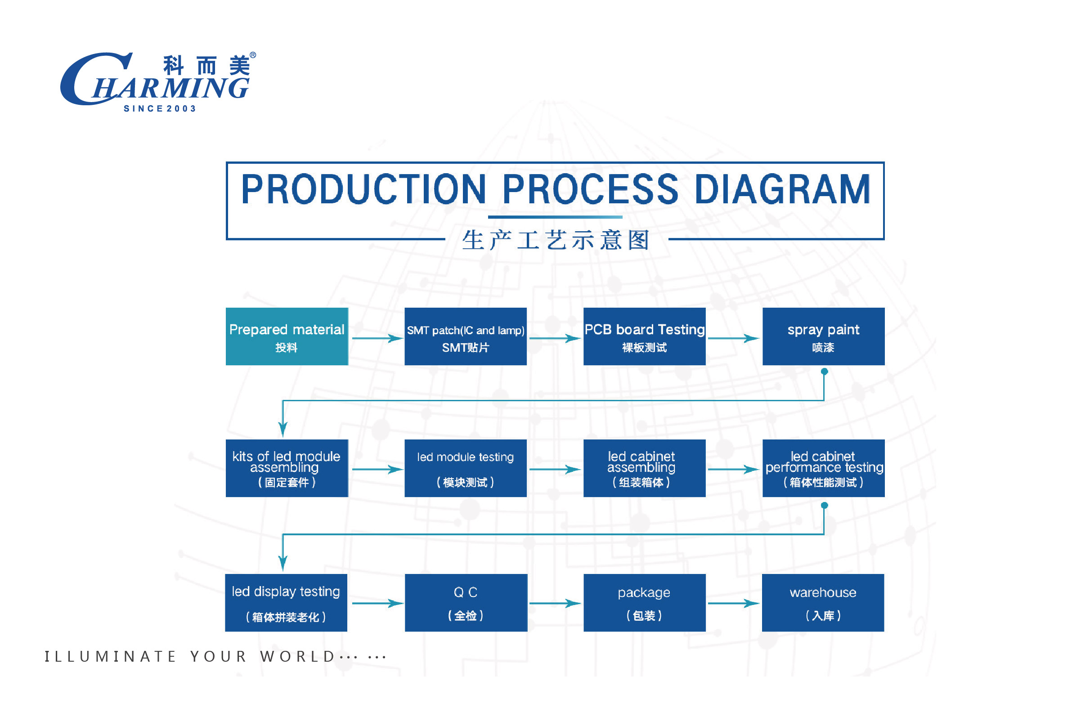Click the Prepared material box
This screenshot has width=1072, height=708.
[287, 336]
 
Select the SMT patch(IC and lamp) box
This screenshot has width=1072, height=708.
[466, 336]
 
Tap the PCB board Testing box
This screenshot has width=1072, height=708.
[644, 336]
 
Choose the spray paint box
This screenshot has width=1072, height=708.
[823, 336]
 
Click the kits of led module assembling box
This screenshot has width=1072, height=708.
[287, 468]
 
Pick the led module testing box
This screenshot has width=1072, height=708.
[466, 468]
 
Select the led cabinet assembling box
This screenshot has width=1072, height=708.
[644, 468]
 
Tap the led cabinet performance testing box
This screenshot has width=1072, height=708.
[823, 468]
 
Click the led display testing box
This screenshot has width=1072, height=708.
[286, 603]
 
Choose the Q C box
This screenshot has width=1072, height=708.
[466, 603]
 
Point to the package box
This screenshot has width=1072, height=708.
[644, 603]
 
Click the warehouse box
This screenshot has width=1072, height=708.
[823, 603]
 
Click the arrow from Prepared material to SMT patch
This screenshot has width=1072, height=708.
[377, 338]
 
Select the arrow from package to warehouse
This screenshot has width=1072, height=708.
[733, 603]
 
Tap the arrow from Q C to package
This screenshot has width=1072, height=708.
[555, 603]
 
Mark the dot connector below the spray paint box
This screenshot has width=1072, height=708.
[824, 372]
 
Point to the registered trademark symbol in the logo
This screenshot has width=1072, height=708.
[253, 55]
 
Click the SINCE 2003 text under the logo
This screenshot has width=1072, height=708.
[160, 109]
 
